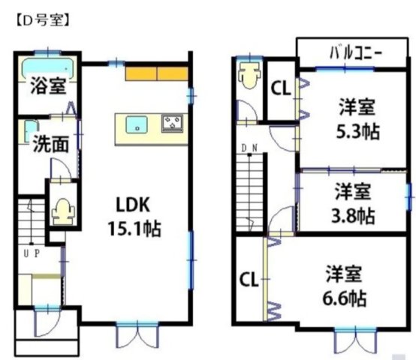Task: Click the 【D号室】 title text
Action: point(42,20)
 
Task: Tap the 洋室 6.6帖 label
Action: point(346,286)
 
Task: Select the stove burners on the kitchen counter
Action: point(173,123)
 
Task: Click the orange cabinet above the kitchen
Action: point(156,73)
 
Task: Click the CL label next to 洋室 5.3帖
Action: point(281,88)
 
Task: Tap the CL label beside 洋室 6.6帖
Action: point(249,280)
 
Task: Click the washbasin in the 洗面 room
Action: point(31,128)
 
